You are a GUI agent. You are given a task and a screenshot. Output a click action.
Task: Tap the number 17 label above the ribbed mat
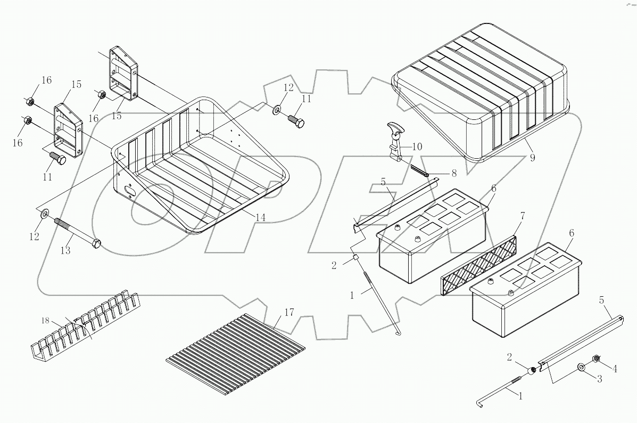288,312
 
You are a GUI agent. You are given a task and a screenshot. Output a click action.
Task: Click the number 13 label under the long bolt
65,250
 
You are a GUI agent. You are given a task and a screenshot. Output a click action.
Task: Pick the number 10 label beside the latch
416,146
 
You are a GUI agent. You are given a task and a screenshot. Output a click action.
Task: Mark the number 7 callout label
523,216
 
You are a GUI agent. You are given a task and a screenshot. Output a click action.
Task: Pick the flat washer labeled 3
582,368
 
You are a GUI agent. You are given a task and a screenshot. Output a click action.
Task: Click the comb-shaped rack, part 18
85,324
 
